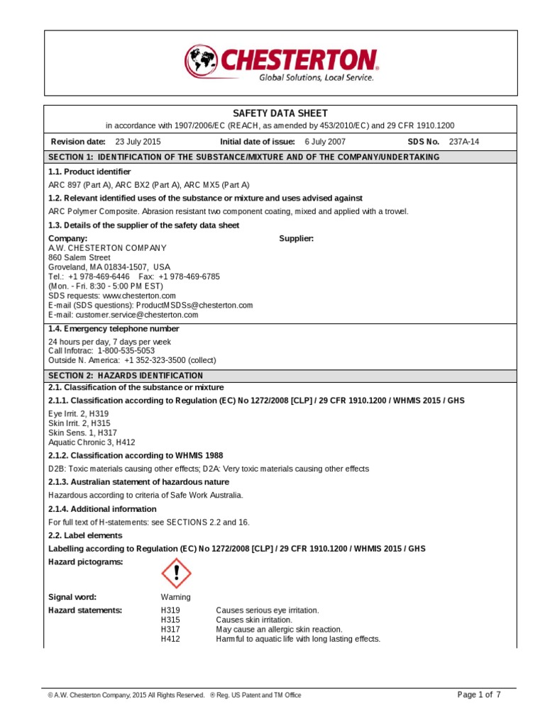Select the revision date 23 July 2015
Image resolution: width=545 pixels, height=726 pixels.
(x=138, y=141)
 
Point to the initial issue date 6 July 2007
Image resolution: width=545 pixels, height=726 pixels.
(x=325, y=141)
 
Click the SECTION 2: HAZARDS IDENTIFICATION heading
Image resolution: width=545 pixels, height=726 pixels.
(x=125, y=375)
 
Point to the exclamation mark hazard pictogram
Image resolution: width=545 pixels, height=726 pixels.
(x=177, y=574)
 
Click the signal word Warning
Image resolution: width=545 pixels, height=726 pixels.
(x=175, y=597)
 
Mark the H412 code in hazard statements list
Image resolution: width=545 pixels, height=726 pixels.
(x=170, y=639)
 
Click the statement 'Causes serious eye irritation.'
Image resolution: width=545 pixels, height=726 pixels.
(x=267, y=610)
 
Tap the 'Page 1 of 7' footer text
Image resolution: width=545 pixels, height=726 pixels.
(x=480, y=694)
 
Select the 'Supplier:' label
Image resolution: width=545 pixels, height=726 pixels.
(x=297, y=238)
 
